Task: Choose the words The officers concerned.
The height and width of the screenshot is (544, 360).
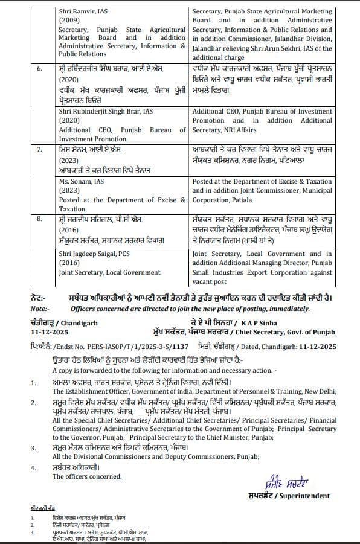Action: click(x=86, y=476)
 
